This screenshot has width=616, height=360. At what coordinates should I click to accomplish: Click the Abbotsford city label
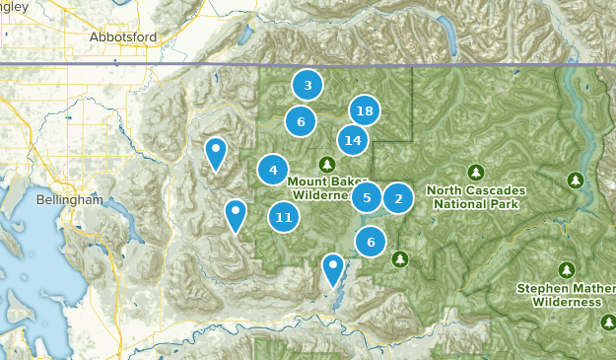122,36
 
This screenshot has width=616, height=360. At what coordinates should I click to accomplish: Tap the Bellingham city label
69,199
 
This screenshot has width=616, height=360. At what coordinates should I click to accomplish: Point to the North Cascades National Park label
475,197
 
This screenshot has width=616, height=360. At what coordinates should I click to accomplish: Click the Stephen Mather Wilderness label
566,296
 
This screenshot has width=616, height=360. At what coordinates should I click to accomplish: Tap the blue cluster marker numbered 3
308,86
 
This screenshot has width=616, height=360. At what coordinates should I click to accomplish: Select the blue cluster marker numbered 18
365,110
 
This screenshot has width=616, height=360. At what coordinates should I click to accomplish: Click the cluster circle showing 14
353,140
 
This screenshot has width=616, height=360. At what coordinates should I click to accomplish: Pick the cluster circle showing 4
273,171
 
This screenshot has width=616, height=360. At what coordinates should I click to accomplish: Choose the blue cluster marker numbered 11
284,217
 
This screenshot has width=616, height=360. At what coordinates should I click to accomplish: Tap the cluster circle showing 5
367,198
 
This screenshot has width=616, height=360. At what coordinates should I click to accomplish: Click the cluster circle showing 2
398,199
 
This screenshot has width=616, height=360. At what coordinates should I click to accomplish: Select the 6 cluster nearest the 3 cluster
300,121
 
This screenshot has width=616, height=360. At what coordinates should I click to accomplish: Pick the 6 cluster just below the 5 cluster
371,241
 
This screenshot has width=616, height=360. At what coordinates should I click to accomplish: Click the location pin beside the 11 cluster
236,214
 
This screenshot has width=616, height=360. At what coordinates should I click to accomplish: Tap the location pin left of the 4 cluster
215,153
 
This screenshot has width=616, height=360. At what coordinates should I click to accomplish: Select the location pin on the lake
333,268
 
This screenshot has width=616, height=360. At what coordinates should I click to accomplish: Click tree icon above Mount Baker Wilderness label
326,163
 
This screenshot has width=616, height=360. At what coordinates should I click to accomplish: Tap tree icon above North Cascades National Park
476,172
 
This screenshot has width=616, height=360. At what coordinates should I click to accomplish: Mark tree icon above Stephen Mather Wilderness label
566,269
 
